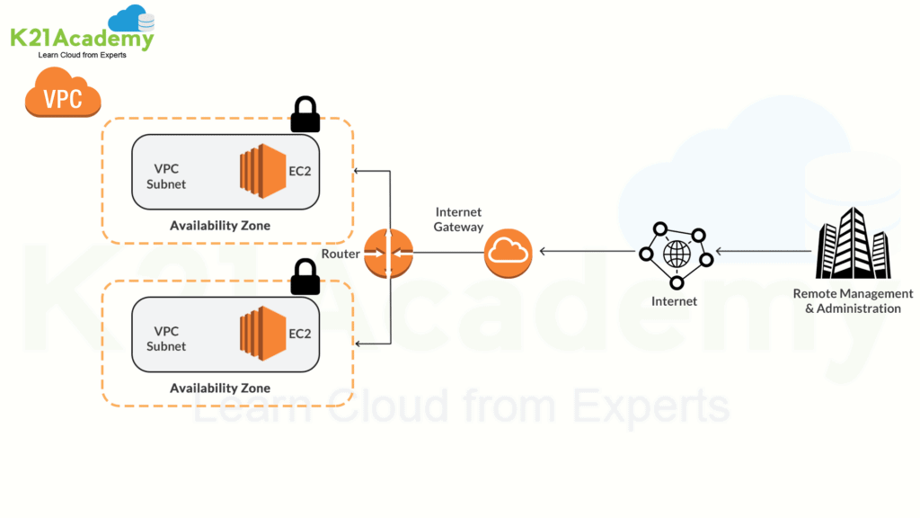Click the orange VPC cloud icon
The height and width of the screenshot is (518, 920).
[x=63, y=94]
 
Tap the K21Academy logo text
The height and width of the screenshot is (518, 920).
[x=82, y=38]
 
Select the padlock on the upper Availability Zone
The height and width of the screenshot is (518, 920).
[x=305, y=114]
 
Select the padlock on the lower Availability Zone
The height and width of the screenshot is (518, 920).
[x=305, y=278]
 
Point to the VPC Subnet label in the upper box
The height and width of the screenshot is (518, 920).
[x=167, y=176]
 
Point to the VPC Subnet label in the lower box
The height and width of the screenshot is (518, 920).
[x=167, y=339]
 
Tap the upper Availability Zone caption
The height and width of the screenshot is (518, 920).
[x=220, y=226]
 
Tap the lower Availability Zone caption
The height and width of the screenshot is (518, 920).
[x=220, y=388]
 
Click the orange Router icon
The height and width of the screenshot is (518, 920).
[x=389, y=253]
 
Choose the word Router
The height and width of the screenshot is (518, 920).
[x=341, y=254]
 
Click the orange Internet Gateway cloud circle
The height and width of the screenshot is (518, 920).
[x=508, y=253]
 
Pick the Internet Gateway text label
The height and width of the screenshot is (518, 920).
[x=459, y=219]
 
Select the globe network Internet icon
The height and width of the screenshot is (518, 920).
[x=675, y=253]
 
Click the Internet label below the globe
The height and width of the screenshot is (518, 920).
[x=674, y=301]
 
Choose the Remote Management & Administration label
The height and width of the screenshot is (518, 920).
[x=853, y=301]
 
